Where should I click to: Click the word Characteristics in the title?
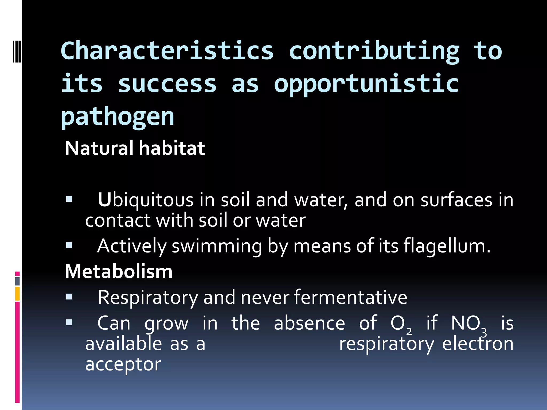167,51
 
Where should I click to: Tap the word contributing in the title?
374,51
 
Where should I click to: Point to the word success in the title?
167,84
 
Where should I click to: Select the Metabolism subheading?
119,271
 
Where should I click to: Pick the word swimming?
217,246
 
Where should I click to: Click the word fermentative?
350,297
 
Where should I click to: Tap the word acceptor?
123,364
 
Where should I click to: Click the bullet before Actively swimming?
69,245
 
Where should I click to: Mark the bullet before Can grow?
69,322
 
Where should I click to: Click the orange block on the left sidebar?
17,293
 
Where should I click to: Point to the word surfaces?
456,200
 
